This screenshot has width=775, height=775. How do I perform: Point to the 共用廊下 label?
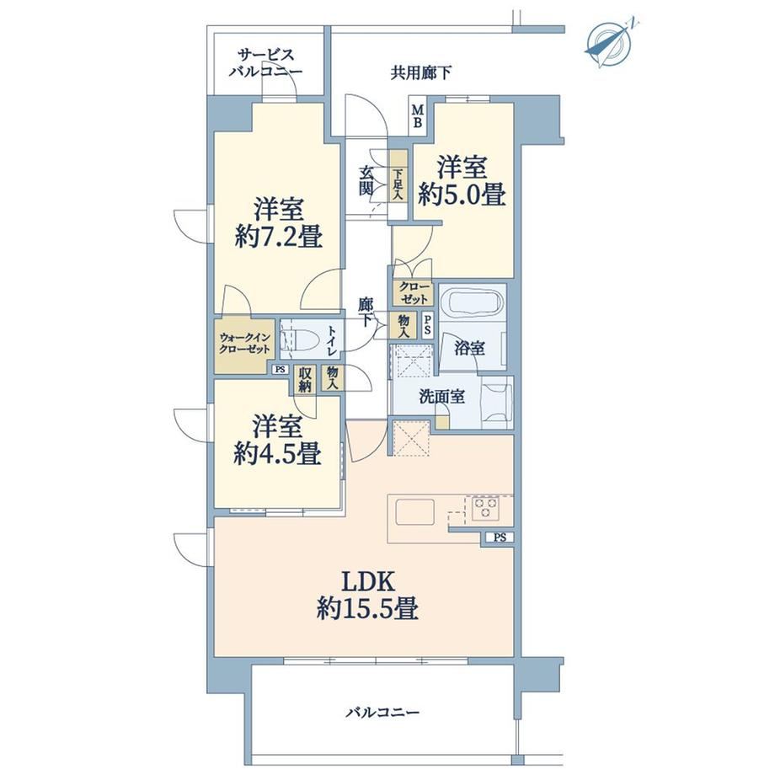(421, 73)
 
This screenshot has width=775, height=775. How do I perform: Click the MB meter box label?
(418, 116)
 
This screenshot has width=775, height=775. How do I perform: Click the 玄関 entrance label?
(366, 181)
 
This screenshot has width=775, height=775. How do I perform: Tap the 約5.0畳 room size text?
(462, 195)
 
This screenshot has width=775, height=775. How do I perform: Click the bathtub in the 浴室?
(472, 303)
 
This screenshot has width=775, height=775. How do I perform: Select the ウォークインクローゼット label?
(244, 344)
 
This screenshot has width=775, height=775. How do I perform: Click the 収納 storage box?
(304, 380)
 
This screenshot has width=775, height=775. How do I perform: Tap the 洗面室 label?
(441, 397)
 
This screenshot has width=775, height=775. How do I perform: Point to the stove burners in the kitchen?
(485, 509)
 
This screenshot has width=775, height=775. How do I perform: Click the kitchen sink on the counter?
(414, 511)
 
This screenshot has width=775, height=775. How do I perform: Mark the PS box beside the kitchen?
(500, 537)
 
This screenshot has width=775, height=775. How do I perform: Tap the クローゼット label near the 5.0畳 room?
(414, 293)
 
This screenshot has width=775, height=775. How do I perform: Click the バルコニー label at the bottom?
(382, 712)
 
